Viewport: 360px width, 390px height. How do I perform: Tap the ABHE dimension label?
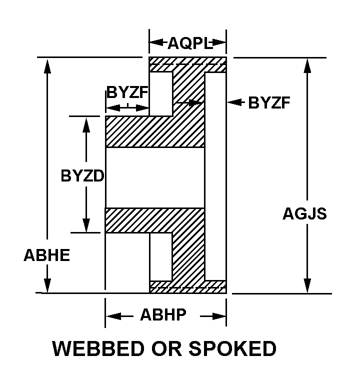pos(47,255)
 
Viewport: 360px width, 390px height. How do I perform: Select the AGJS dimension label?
pos(304,213)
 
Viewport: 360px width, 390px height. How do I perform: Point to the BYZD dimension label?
pos(82,176)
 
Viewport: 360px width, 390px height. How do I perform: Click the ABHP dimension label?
pos(163,315)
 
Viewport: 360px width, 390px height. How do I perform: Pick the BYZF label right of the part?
pos(269,102)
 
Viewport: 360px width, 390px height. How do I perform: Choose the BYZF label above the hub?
pos(127,92)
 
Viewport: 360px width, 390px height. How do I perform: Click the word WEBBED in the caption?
pos(98,348)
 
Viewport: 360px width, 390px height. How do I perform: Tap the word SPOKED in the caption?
pos(232,348)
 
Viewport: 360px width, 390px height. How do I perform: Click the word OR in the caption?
pos(166,348)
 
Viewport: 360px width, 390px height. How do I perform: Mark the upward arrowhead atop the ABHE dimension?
pos(47,65)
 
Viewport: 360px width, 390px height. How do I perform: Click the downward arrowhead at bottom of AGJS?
pos(307,285)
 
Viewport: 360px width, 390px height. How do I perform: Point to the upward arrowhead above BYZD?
pos(86,124)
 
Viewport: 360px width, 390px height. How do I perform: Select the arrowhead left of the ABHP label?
pos(113,316)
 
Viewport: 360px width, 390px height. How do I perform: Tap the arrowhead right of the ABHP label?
pos(218,316)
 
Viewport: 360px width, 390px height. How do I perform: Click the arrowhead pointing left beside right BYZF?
pos(234,102)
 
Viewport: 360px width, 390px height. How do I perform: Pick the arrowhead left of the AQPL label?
pos(156,42)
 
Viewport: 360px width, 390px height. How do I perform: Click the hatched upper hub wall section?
pos(154,132)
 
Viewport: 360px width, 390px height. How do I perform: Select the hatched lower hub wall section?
pos(154,220)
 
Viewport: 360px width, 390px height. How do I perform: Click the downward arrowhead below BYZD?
pos(86,225)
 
